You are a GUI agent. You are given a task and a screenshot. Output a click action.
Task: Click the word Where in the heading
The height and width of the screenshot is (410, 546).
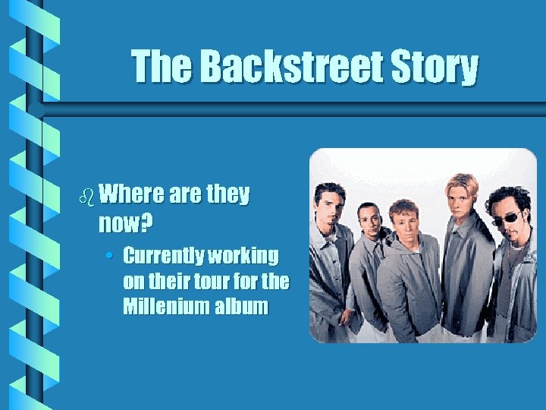click(x=131, y=194)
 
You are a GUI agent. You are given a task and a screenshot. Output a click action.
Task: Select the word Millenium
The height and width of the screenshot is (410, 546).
click(x=161, y=307)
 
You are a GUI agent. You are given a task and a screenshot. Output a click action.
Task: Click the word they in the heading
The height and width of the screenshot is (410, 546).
click(x=227, y=194)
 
